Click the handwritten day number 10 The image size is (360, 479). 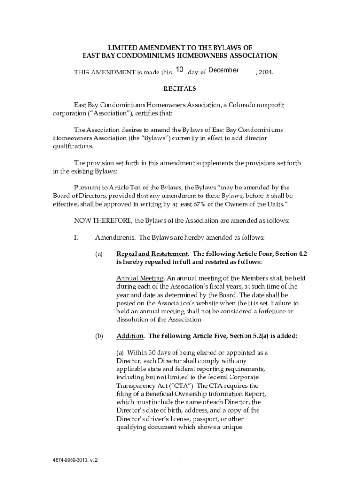point(180,70)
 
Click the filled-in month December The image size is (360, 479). point(223,70)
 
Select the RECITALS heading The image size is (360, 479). point(180,88)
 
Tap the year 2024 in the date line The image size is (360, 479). point(265,73)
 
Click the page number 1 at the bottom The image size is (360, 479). point(180,462)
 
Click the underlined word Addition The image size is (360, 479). point(130,336)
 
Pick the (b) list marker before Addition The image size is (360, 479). point(99,336)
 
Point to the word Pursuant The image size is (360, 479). point(88,188)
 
